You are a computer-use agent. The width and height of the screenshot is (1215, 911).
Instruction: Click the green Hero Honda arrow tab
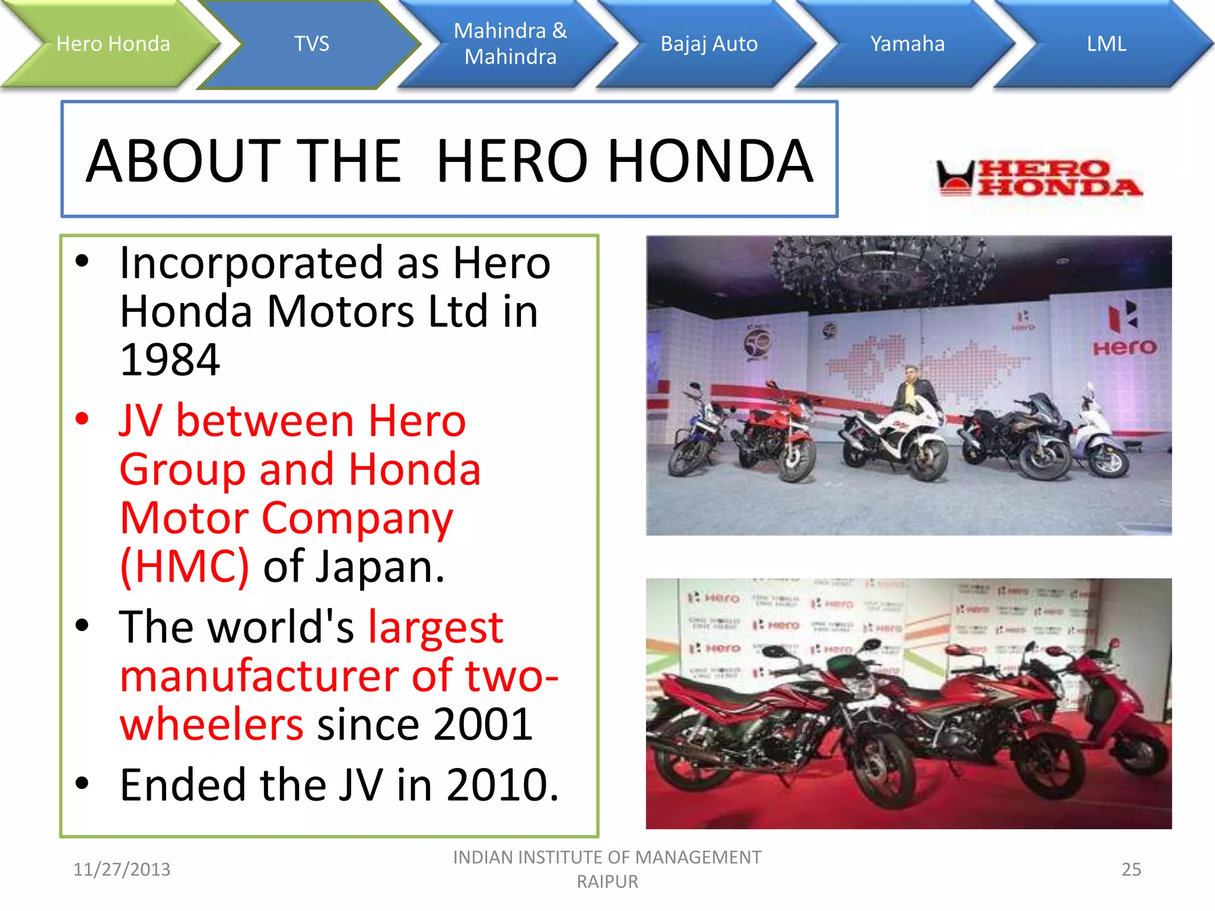tap(113, 44)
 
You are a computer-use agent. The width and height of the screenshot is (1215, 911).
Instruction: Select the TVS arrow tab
tap(311, 44)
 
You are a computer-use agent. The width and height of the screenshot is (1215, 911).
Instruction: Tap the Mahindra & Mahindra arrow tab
tap(510, 44)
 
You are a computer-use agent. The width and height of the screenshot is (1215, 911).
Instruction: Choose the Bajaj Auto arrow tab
tap(709, 44)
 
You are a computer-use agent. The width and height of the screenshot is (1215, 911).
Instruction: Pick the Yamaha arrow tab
tap(907, 44)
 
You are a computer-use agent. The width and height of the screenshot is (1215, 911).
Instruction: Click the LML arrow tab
tap(1106, 44)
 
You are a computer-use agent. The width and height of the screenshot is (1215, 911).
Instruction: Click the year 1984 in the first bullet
tap(170, 360)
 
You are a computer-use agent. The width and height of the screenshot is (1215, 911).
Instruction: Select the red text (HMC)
tap(185, 567)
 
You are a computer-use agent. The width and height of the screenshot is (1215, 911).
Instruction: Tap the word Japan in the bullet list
tap(379, 567)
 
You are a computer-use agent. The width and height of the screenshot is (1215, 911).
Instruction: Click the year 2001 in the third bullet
tap(483, 724)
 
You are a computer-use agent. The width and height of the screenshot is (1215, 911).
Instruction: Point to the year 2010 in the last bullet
tap(502, 785)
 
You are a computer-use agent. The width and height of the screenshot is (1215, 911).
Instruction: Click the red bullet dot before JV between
tap(82, 419)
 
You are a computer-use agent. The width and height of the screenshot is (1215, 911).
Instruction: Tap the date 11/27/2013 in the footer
tap(122, 869)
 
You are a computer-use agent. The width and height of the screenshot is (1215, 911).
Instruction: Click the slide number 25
tap(1131, 869)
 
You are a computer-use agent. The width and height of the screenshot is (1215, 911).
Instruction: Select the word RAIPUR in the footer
tap(607, 882)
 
